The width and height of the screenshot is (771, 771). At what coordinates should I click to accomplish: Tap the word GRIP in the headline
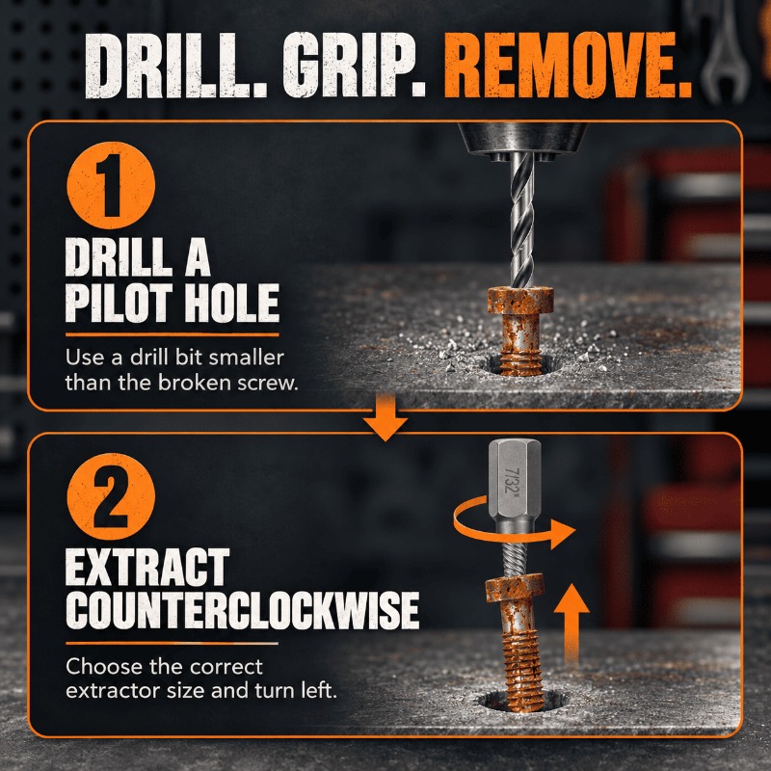[x=354, y=65]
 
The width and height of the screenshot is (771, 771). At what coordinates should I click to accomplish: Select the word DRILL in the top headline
[x=175, y=65]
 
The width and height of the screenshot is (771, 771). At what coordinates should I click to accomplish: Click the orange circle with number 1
[x=111, y=185]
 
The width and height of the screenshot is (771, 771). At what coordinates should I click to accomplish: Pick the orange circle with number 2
[x=111, y=496]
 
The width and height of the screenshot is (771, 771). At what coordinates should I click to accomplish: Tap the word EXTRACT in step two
[x=147, y=567]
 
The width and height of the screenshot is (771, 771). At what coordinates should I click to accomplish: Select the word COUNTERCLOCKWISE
[x=243, y=610]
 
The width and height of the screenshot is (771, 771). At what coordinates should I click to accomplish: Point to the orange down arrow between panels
[x=385, y=417]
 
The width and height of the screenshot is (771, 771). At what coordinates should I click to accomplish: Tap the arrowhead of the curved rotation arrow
[x=563, y=533]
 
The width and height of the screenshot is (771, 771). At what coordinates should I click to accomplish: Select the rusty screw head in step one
[x=520, y=301]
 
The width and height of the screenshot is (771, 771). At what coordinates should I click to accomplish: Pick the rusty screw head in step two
[x=515, y=589]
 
